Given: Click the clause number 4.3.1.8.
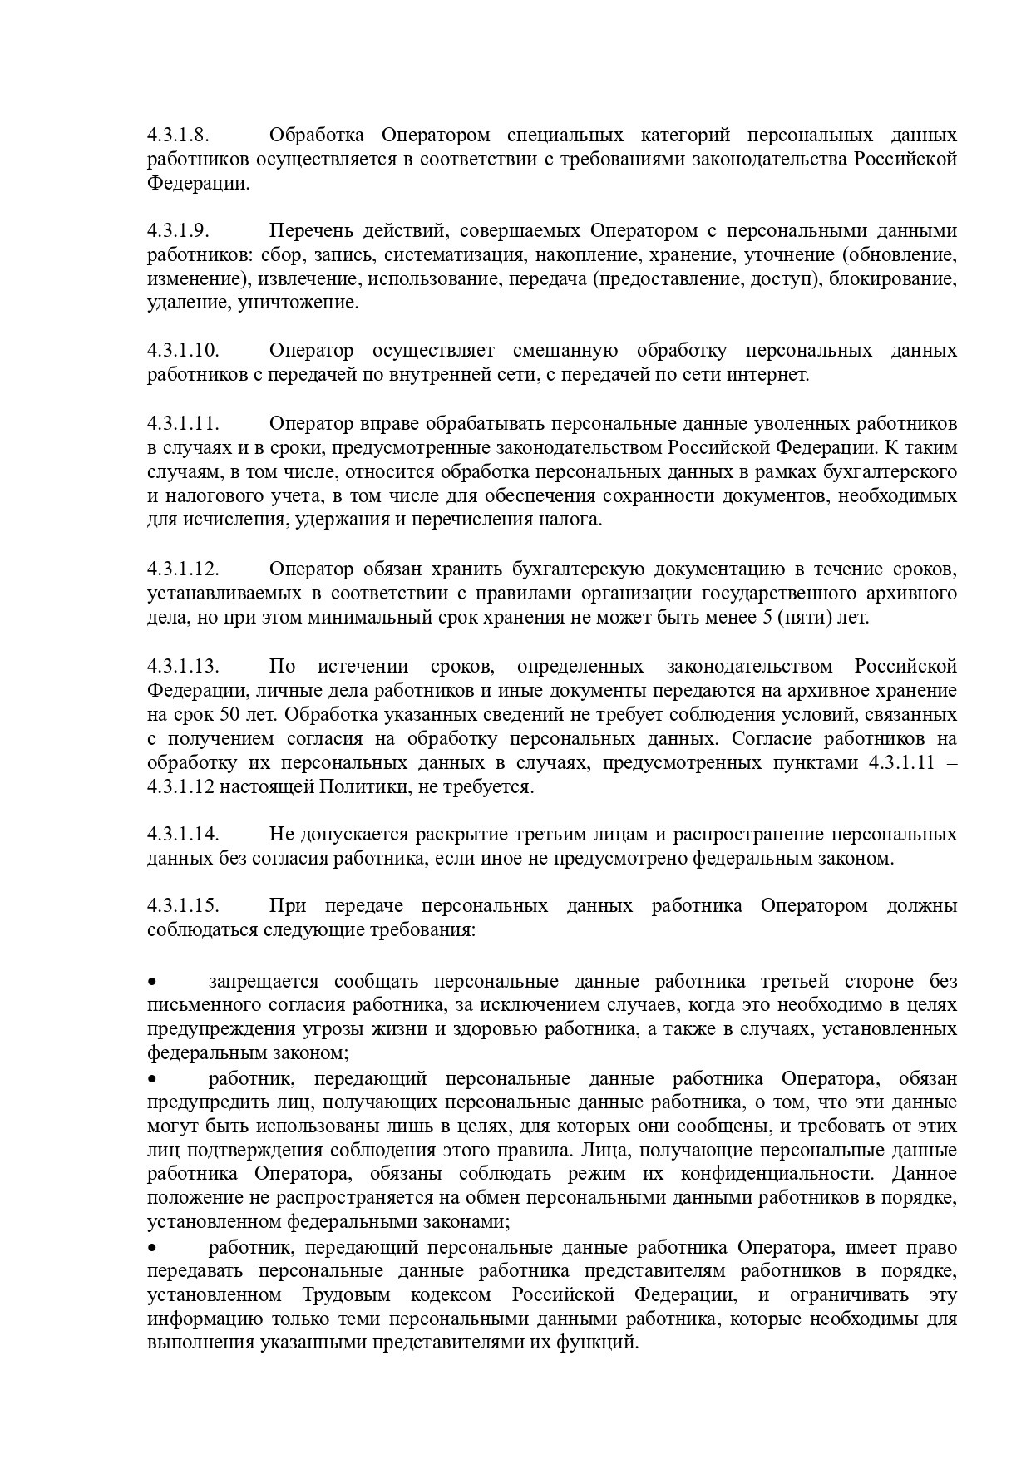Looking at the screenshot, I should (178, 136).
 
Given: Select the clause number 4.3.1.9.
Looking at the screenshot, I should (178, 231).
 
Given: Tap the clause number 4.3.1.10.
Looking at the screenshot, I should (183, 351).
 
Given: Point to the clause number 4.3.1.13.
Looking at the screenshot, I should (183, 667).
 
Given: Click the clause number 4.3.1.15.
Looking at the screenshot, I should (183, 906).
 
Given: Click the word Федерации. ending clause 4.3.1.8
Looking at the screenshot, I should (198, 183).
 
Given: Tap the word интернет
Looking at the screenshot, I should (768, 375).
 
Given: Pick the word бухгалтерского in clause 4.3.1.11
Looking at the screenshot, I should (890, 472).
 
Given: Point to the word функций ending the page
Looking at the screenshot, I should (606, 1343).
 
